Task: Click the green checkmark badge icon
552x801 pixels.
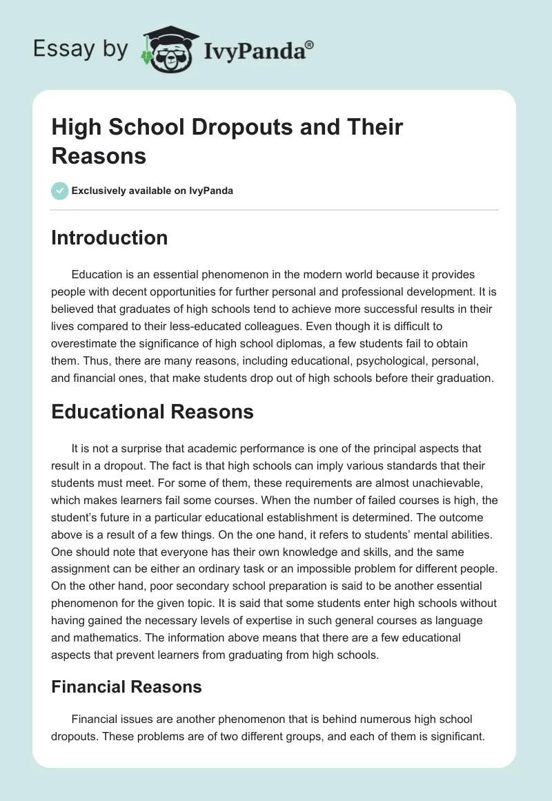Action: (x=60, y=191)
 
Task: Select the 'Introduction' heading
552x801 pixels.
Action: (x=109, y=238)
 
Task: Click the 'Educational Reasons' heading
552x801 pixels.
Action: (x=152, y=412)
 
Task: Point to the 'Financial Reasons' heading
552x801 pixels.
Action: (x=126, y=687)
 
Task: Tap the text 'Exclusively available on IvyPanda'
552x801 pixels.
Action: (x=152, y=191)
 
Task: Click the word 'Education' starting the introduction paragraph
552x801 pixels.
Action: (x=97, y=274)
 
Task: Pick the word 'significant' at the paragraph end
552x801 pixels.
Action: (x=453, y=735)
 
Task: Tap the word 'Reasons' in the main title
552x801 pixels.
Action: (x=99, y=155)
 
